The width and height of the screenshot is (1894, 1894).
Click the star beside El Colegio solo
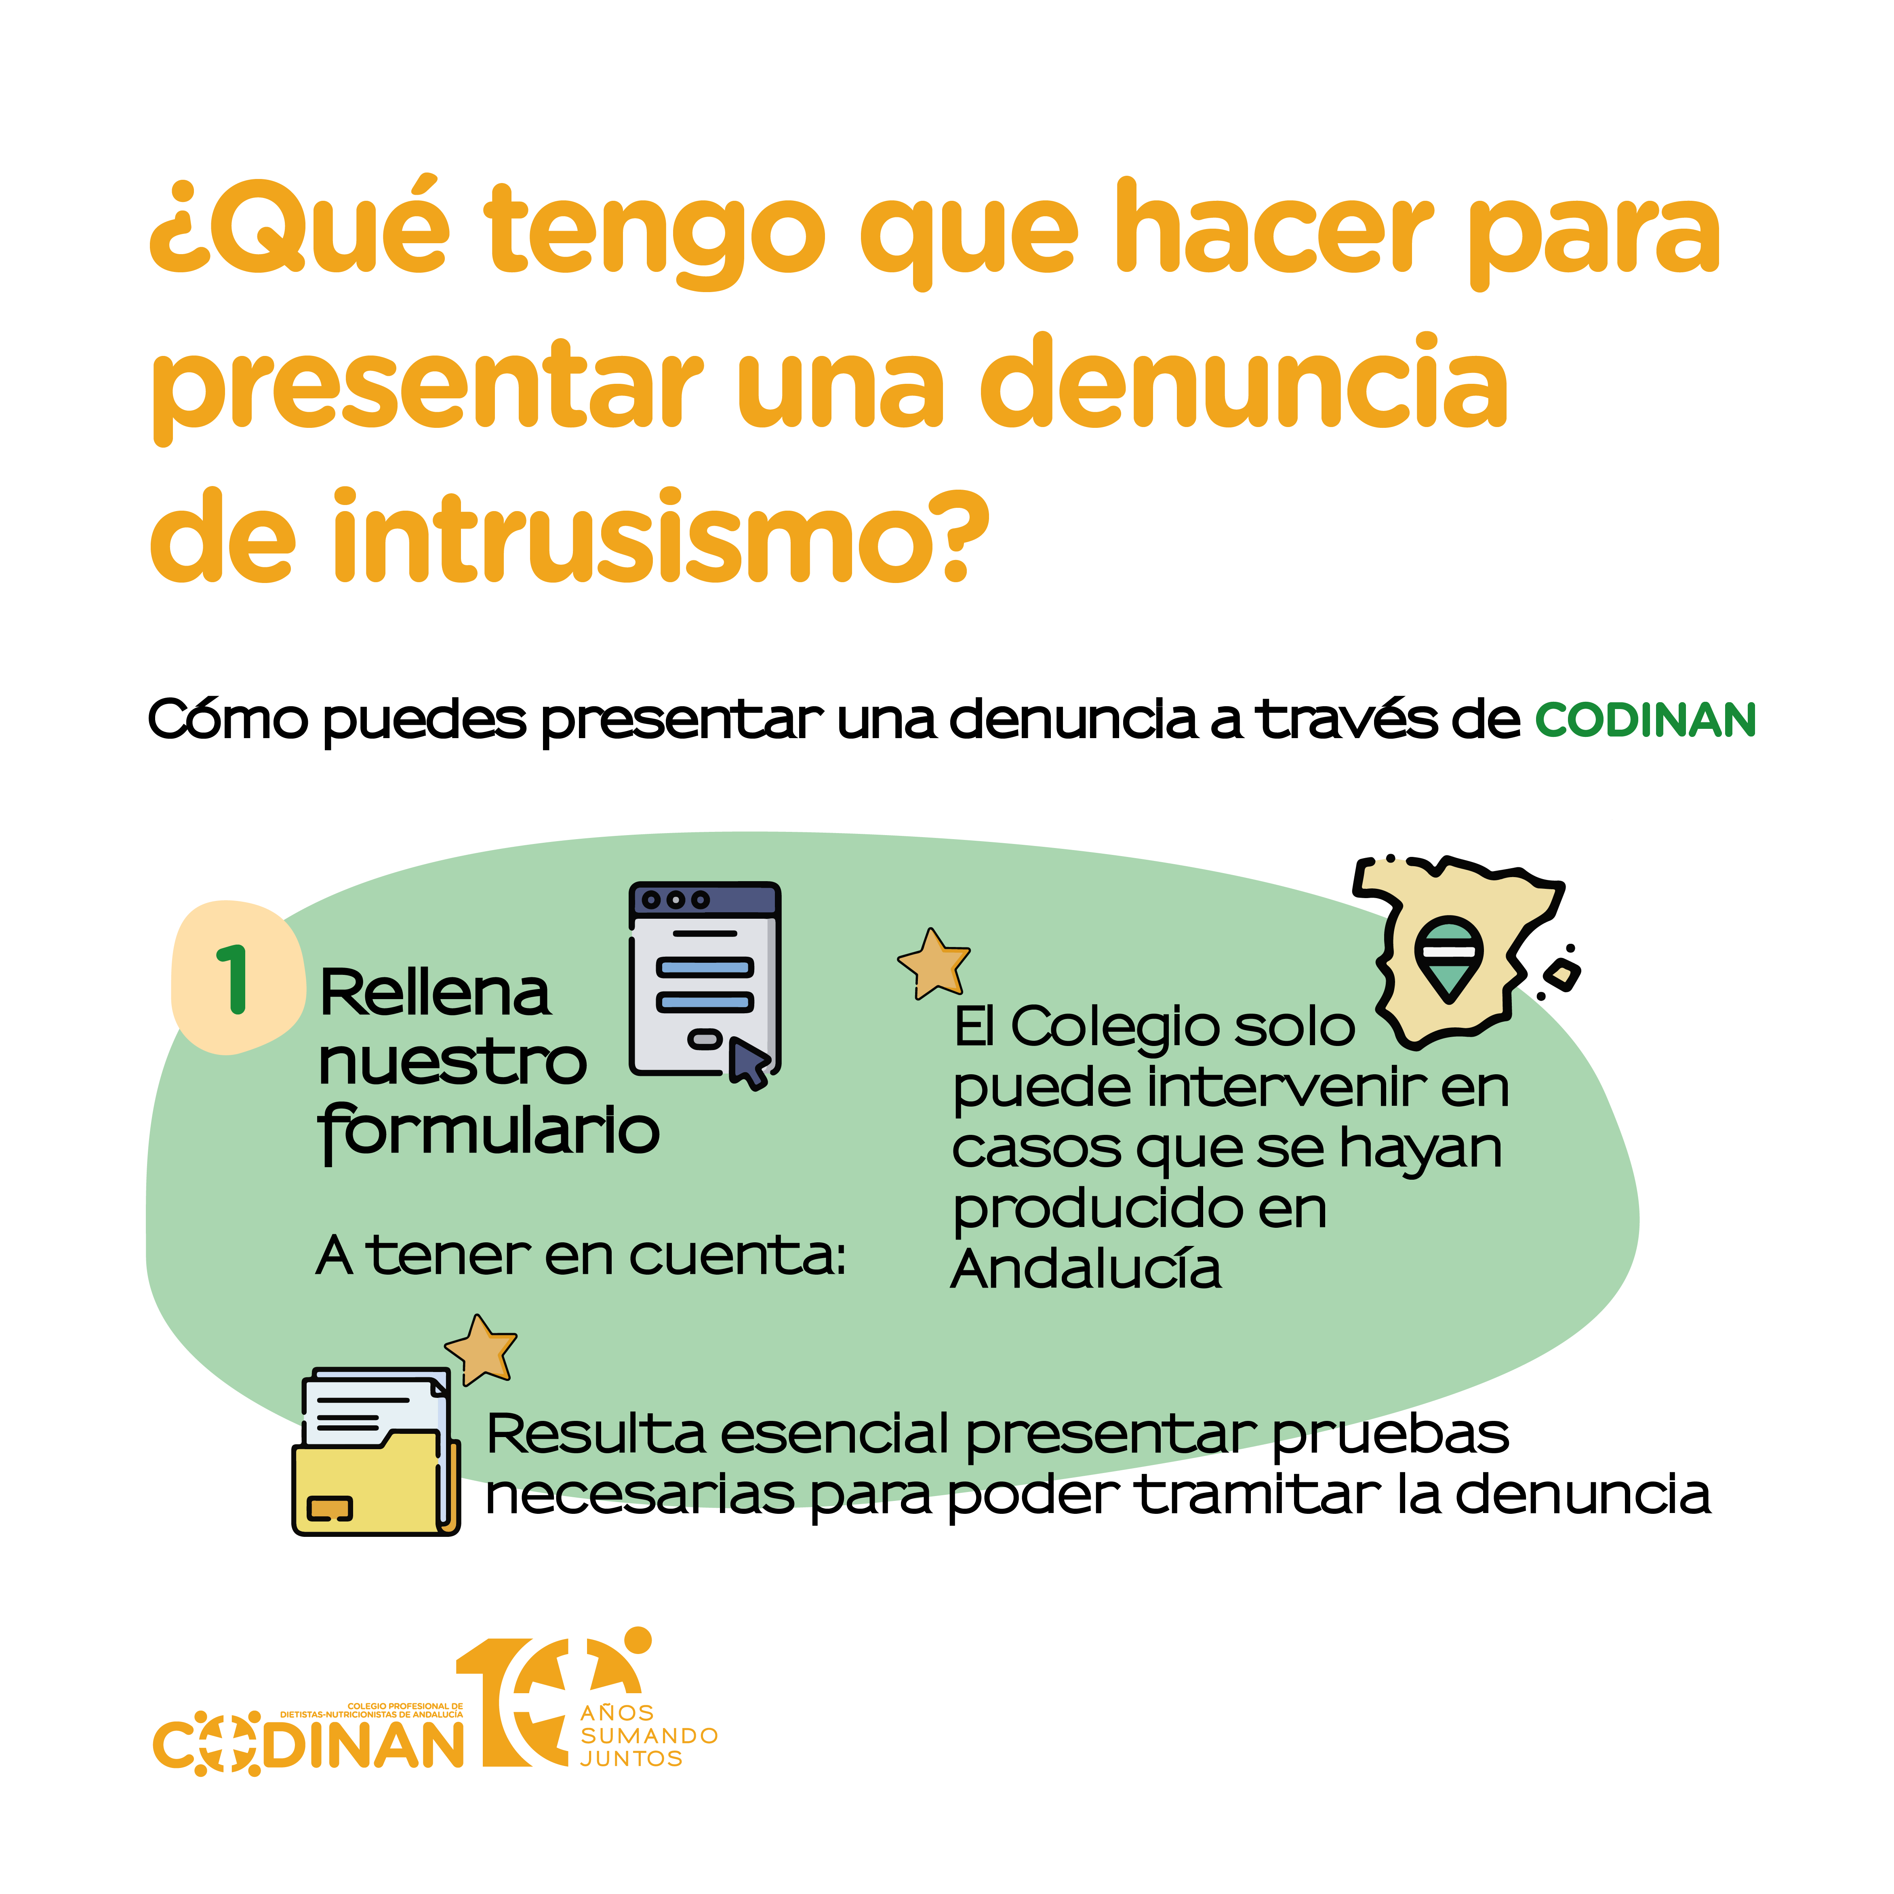(933, 964)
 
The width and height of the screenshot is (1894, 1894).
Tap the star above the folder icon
(480, 1350)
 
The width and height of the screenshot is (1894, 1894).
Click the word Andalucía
(1086, 1269)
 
